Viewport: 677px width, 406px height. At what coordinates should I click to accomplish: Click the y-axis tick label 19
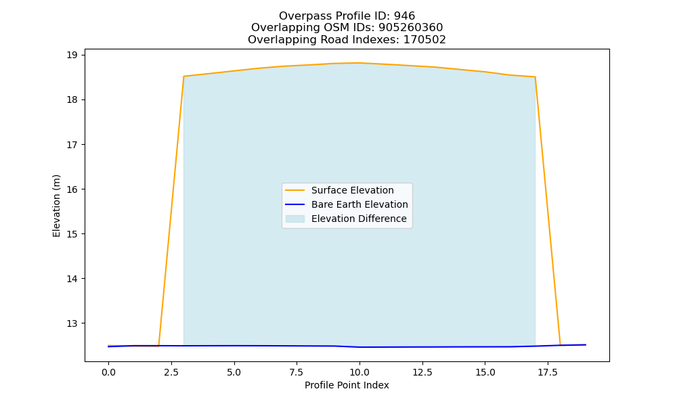(72, 55)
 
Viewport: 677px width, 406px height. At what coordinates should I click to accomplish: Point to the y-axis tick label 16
(72, 189)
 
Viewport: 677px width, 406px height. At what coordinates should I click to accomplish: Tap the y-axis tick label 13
(72, 323)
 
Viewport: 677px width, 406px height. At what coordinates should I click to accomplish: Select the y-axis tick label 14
(72, 279)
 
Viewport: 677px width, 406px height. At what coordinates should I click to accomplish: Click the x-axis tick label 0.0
(108, 372)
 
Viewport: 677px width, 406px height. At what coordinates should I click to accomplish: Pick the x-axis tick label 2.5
(171, 372)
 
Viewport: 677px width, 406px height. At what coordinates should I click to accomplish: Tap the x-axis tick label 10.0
(359, 372)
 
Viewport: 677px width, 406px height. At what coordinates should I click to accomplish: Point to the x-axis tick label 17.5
(548, 372)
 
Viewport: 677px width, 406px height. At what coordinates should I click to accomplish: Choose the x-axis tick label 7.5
(297, 372)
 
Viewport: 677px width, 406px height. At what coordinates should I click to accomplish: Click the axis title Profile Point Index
(347, 385)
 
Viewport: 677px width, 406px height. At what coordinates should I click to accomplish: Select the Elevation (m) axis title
(57, 206)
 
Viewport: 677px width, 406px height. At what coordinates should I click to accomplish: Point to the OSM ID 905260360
(411, 28)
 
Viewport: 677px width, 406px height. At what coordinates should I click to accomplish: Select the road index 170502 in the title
(424, 40)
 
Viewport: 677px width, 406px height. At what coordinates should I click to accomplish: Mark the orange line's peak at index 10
(359, 63)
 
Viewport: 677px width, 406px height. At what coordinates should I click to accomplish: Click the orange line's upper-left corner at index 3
(184, 76)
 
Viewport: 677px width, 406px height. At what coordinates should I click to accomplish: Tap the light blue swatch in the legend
(295, 219)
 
